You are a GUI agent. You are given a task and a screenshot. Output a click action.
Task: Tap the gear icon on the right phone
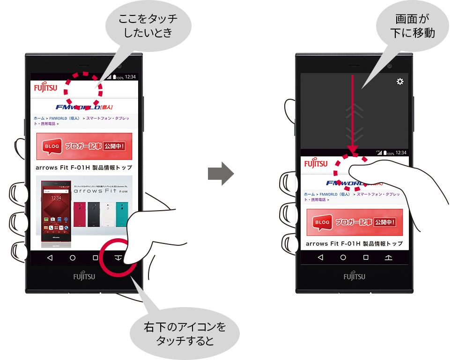point(400,81)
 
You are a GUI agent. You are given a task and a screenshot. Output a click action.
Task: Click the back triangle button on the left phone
point(50,257)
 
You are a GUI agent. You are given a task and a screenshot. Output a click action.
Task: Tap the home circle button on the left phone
point(73,257)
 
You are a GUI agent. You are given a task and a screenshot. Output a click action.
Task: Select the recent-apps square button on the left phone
point(96,257)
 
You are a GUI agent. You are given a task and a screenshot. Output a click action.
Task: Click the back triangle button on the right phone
point(320,257)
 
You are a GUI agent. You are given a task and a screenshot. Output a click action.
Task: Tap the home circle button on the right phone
point(343,257)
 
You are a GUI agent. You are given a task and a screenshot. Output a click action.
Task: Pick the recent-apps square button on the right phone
point(366,257)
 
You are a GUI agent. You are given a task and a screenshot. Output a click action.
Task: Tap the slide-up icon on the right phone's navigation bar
point(388,257)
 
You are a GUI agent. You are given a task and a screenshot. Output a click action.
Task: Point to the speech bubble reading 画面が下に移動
point(412,25)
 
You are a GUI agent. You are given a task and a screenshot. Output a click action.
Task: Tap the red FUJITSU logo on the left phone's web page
point(44,88)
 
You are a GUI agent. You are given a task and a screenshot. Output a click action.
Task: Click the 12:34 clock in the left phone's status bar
point(130,77)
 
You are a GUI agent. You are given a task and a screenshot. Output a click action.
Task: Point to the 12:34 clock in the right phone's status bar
point(401,153)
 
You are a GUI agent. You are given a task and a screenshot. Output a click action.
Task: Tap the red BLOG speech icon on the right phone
point(323,222)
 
